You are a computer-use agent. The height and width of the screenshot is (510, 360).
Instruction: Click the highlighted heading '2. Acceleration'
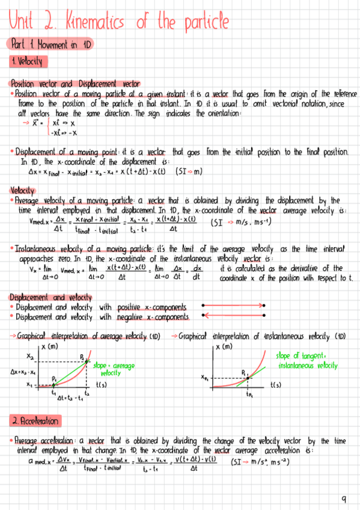pos(35,420)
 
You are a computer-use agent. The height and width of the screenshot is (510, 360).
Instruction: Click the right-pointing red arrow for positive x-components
pos(234,306)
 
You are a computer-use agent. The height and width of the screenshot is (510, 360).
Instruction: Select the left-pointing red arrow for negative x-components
pos(234,315)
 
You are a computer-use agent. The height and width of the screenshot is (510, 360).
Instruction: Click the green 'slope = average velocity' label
pos(113,369)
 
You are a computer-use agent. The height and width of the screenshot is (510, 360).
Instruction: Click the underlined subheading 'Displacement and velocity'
pos(51,297)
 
